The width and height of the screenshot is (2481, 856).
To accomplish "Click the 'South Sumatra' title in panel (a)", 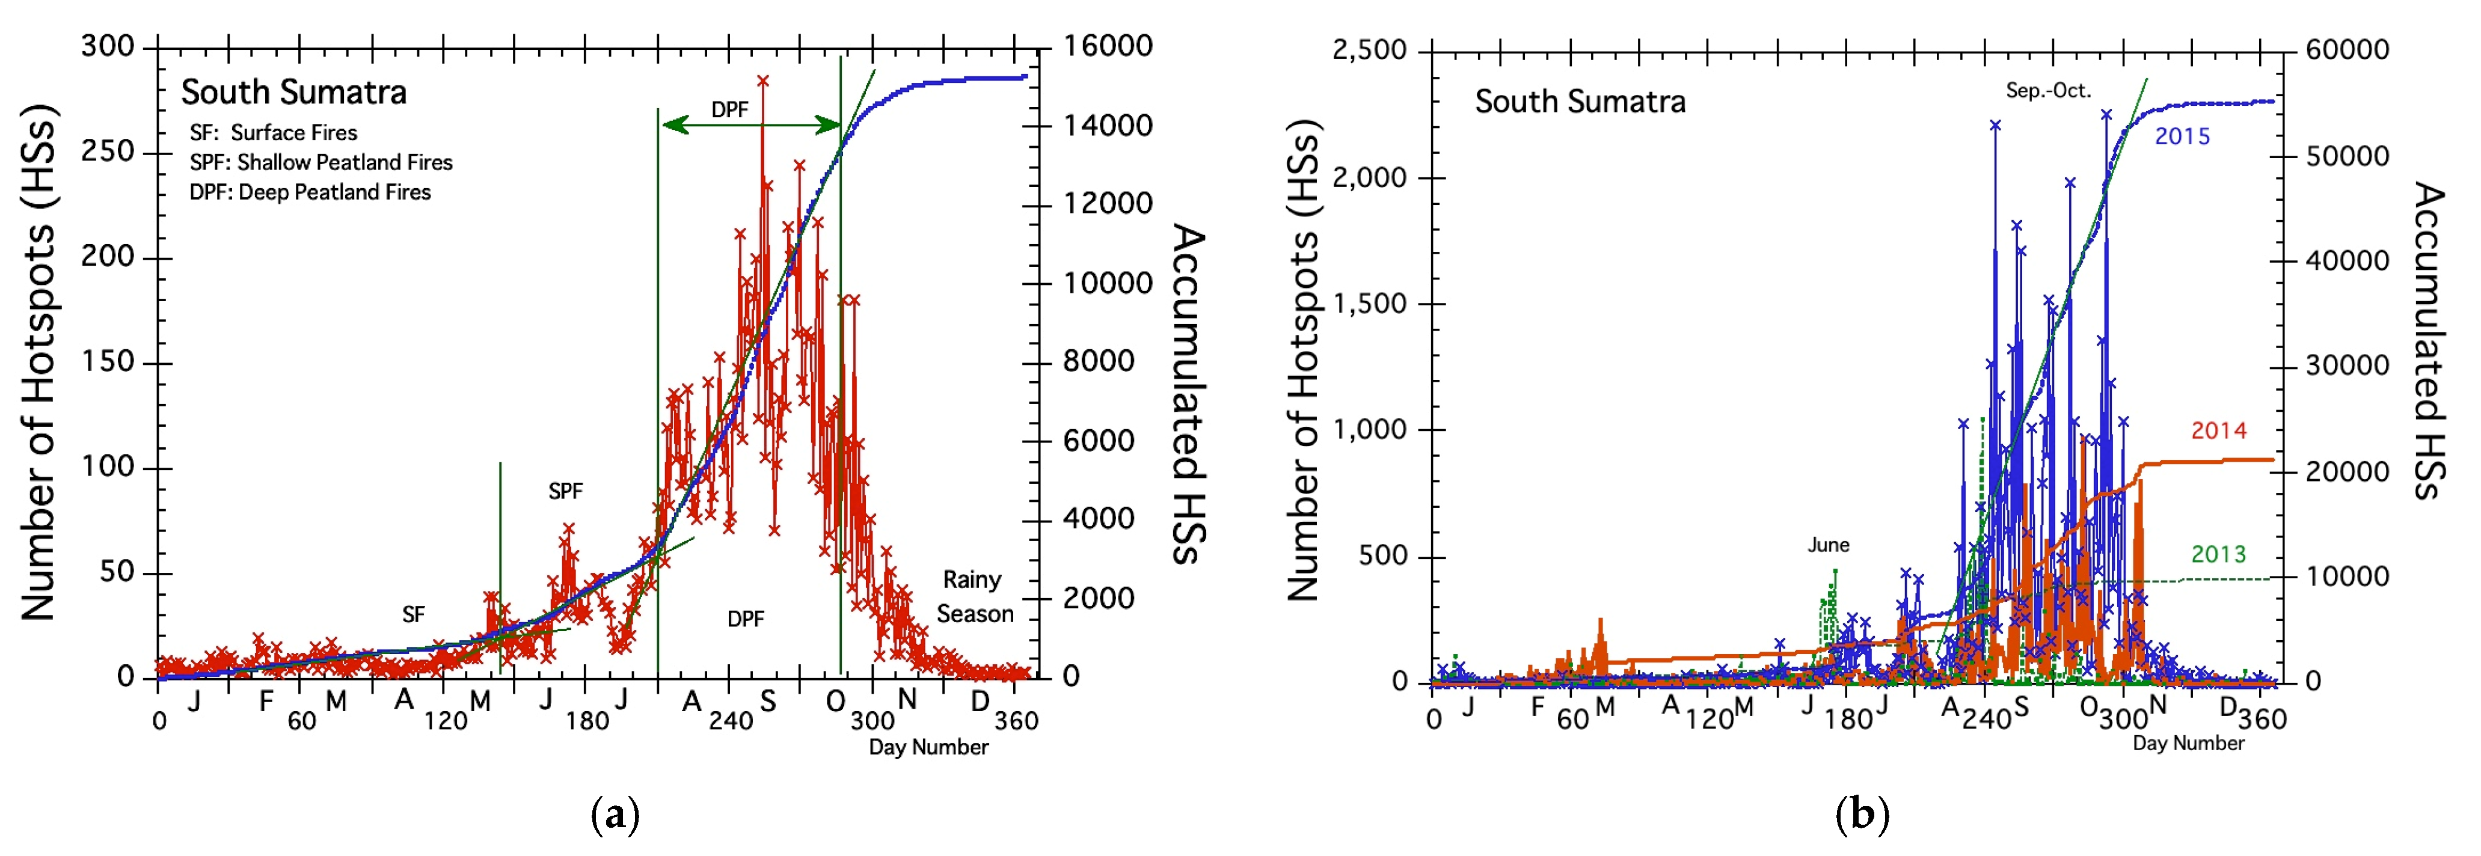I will tap(294, 93).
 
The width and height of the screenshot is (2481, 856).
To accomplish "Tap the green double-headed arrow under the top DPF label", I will tap(750, 125).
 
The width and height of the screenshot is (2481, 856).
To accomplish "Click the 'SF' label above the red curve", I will tap(413, 614).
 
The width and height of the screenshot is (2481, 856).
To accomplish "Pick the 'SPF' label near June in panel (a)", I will tap(565, 491).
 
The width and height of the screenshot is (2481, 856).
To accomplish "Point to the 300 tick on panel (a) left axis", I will tap(108, 46).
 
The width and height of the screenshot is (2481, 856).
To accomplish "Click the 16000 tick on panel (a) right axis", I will tap(1108, 46).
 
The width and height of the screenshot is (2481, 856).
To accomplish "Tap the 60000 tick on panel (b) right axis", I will tap(2347, 50).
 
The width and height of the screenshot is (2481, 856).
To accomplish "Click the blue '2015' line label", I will tap(2182, 136).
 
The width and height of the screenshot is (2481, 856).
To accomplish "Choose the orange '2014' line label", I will tap(2218, 430).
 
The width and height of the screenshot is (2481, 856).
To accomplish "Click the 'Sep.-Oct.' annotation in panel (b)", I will tap(2047, 91).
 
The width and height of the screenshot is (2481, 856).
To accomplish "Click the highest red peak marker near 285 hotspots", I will tap(763, 82).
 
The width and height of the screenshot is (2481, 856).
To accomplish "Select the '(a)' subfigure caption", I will tap(615, 816).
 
